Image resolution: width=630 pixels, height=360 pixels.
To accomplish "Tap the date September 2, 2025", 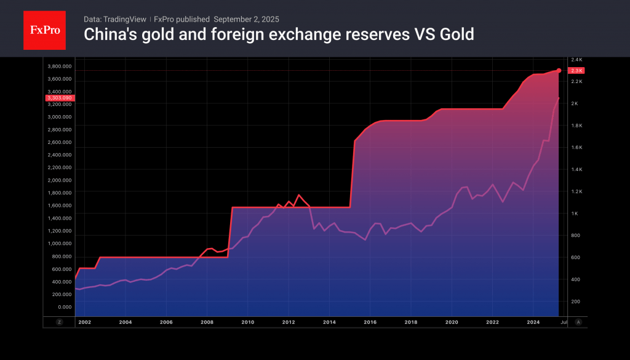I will point(247,19).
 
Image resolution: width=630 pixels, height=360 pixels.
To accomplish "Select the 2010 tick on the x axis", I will point(247,322).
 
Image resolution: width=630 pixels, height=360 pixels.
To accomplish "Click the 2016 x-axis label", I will point(370,322).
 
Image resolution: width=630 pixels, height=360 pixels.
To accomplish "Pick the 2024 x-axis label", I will point(533,322).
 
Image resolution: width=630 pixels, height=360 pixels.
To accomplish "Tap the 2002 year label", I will point(84,322).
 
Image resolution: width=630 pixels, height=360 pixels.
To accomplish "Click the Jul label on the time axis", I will point(564,322).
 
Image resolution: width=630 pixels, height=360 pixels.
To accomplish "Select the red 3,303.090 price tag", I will point(59,98).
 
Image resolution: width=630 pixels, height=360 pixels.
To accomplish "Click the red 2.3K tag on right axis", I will point(576,71).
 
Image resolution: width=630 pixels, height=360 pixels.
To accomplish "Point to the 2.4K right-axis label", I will point(576,60).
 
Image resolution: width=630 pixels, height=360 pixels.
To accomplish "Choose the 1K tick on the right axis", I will point(574,214).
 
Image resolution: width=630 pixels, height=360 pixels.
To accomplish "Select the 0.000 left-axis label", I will point(64,307).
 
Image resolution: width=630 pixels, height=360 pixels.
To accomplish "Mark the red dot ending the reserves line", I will point(559,71).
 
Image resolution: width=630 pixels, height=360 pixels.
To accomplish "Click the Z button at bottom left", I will point(59,322).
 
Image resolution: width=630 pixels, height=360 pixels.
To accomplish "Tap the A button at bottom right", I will point(578,322).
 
